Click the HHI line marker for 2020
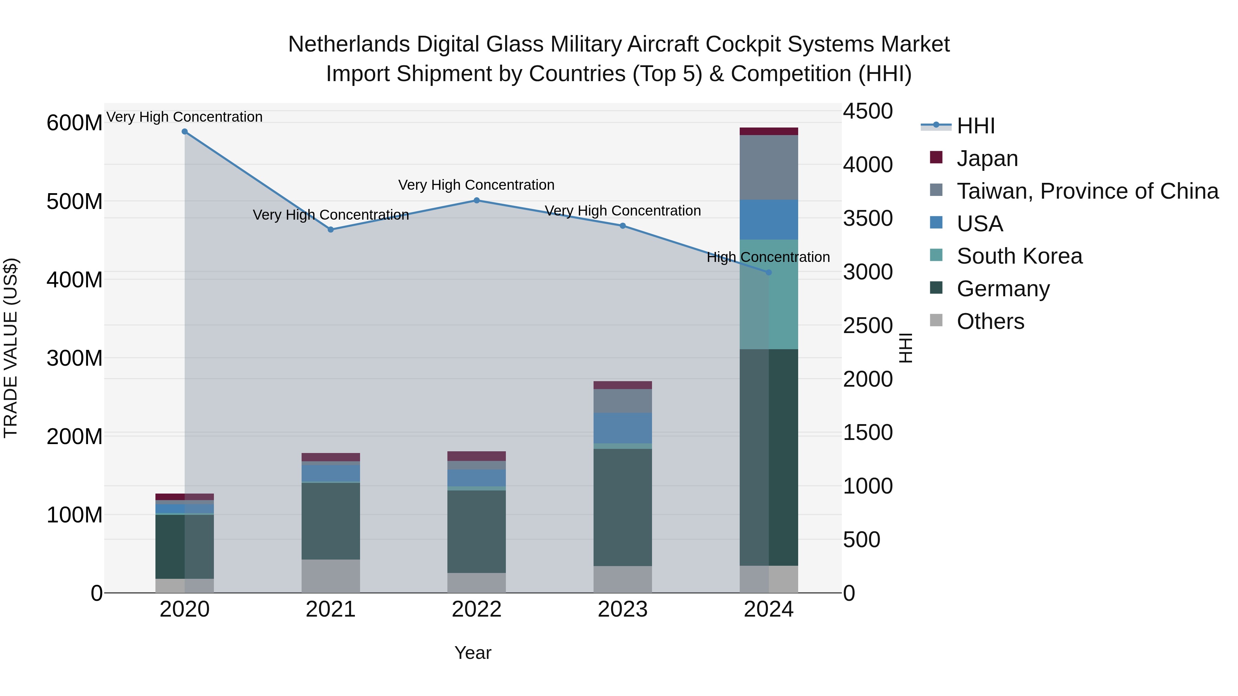click(185, 132)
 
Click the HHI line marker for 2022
click(477, 200)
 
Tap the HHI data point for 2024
click(769, 272)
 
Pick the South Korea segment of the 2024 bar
click(769, 294)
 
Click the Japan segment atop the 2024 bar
click(769, 131)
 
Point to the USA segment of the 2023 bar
click(622, 428)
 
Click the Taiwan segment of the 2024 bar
click(769, 167)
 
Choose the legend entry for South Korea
click(1019, 256)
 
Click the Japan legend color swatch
click(936, 157)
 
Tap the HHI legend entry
click(976, 126)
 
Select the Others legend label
click(990, 321)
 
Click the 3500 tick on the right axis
click(868, 218)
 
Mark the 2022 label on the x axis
click(477, 609)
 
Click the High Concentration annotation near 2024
click(768, 257)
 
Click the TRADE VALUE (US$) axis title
click(11, 348)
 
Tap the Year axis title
click(473, 653)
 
